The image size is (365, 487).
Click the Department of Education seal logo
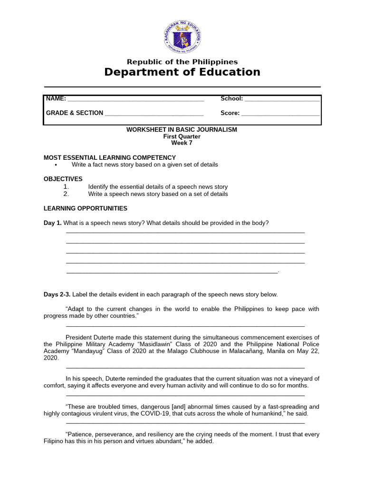click(182, 37)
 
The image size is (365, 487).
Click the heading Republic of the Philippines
click(182, 62)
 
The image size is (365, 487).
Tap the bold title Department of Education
click(182, 72)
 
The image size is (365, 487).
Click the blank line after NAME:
click(136, 99)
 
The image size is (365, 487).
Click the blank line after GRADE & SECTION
click(154, 114)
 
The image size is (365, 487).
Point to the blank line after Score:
click(280, 114)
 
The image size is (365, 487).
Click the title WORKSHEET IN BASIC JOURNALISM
click(182, 130)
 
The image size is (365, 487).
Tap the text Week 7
click(182, 143)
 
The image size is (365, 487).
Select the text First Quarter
click(182, 136)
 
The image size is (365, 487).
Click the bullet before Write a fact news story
click(56, 165)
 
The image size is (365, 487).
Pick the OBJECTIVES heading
click(63, 179)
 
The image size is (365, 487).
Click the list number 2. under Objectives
click(66, 194)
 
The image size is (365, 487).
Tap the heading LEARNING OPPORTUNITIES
click(86, 208)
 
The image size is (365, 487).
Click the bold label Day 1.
click(52, 223)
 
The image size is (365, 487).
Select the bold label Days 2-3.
click(57, 294)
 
